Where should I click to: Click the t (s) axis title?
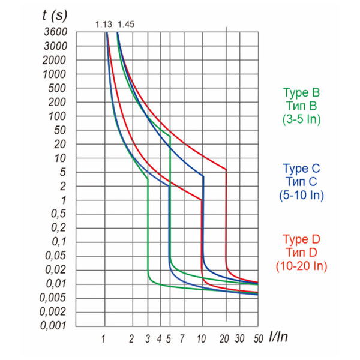tap(56, 15)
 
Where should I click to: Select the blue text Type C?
tap(302, 168)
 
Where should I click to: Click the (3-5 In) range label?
tap(301, 119)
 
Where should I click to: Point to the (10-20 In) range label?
tap(301, 265)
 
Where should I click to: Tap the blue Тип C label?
tap(302, 181)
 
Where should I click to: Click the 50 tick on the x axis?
tap(258, 339)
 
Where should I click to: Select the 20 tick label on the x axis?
tap(226, 339)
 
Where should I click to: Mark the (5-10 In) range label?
tap(302, 194)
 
